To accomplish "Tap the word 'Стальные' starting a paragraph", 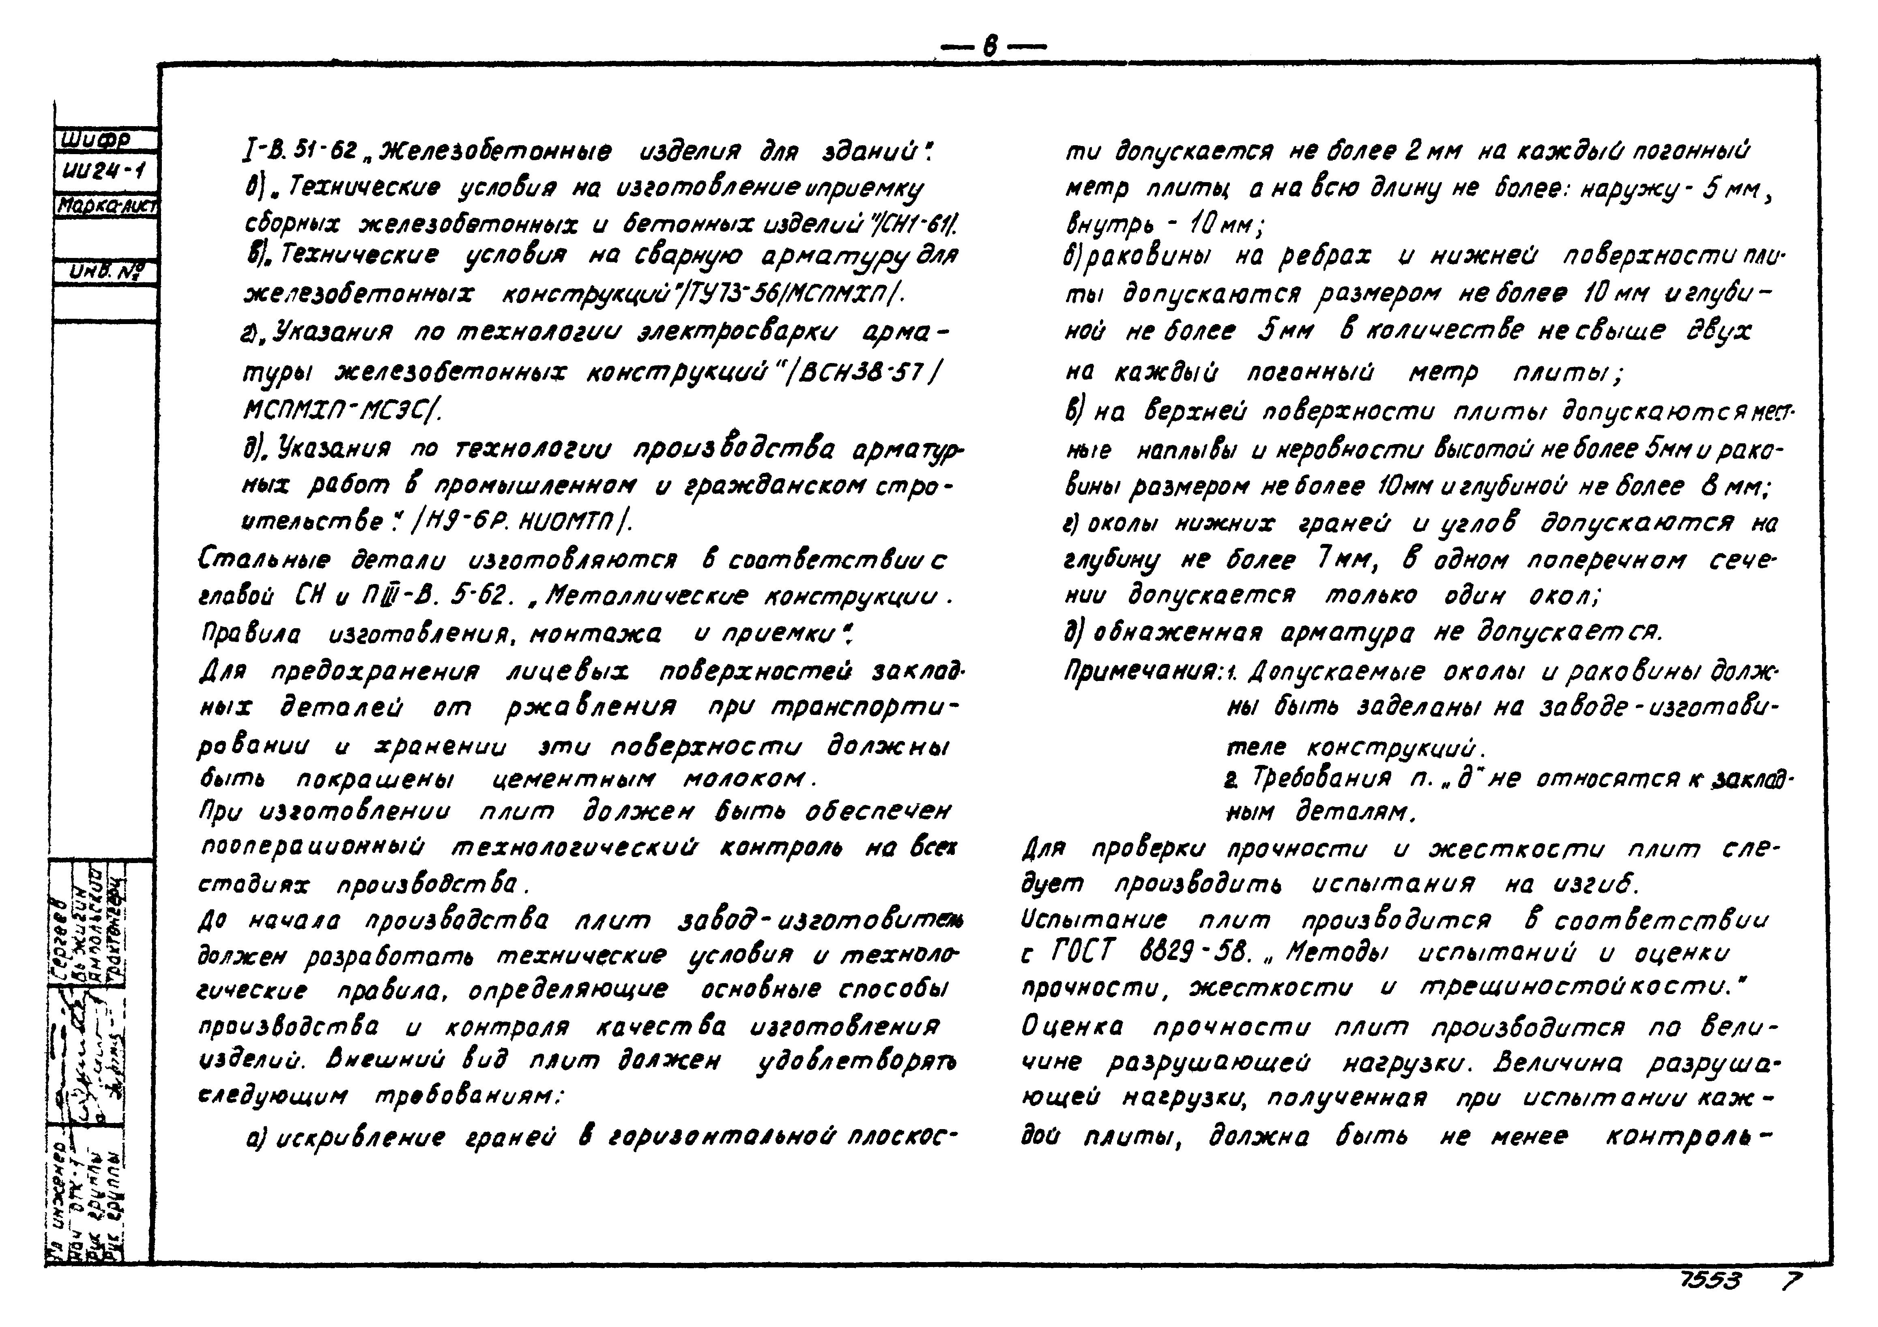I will (264, 561).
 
